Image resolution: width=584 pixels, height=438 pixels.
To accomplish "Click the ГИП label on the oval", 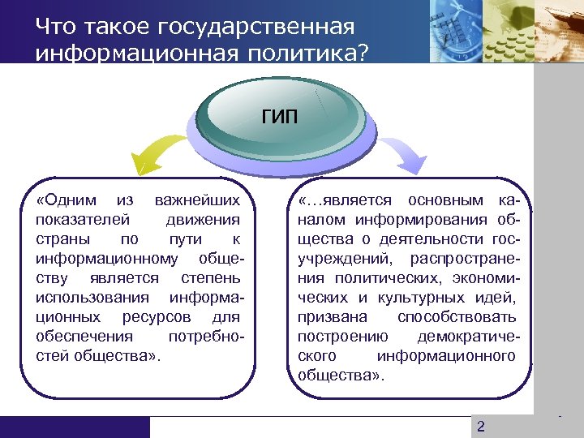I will click(x=279, y=116).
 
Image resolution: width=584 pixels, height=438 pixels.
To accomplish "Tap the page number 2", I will click(x=481, y=427).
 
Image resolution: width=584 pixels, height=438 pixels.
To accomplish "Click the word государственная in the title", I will click(x=260, y=28).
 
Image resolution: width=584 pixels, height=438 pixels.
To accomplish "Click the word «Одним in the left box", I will click(x=67, y=200).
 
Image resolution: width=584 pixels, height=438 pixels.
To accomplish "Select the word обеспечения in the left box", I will click(x=75, y=336).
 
